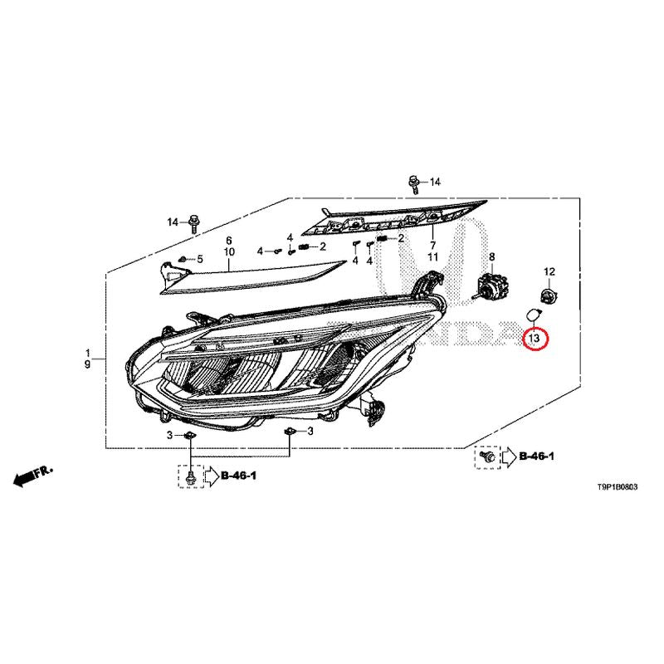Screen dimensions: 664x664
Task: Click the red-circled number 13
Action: (535, 338)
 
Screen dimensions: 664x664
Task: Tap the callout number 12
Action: (549, 271)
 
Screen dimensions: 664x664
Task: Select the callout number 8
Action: (491, 256)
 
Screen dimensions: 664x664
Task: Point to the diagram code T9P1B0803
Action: (617, 487)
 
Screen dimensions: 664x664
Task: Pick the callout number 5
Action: (199, 259)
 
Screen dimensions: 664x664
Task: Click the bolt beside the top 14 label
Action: (413, 184)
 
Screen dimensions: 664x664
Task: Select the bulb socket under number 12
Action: (549, 293)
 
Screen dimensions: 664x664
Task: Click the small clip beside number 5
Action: (183, 258)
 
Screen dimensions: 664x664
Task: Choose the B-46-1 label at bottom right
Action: (536, 456)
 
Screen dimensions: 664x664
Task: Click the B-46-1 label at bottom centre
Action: (239, 476)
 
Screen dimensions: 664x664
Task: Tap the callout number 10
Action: (229, 251)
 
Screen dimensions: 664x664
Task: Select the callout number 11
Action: (432, 256)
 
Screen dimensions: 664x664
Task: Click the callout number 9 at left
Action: (87, 364)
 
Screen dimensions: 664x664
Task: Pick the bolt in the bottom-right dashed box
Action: (488, 456)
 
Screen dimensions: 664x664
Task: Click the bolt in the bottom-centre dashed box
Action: (191, 476)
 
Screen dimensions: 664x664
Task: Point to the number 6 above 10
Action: (229, 240)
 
